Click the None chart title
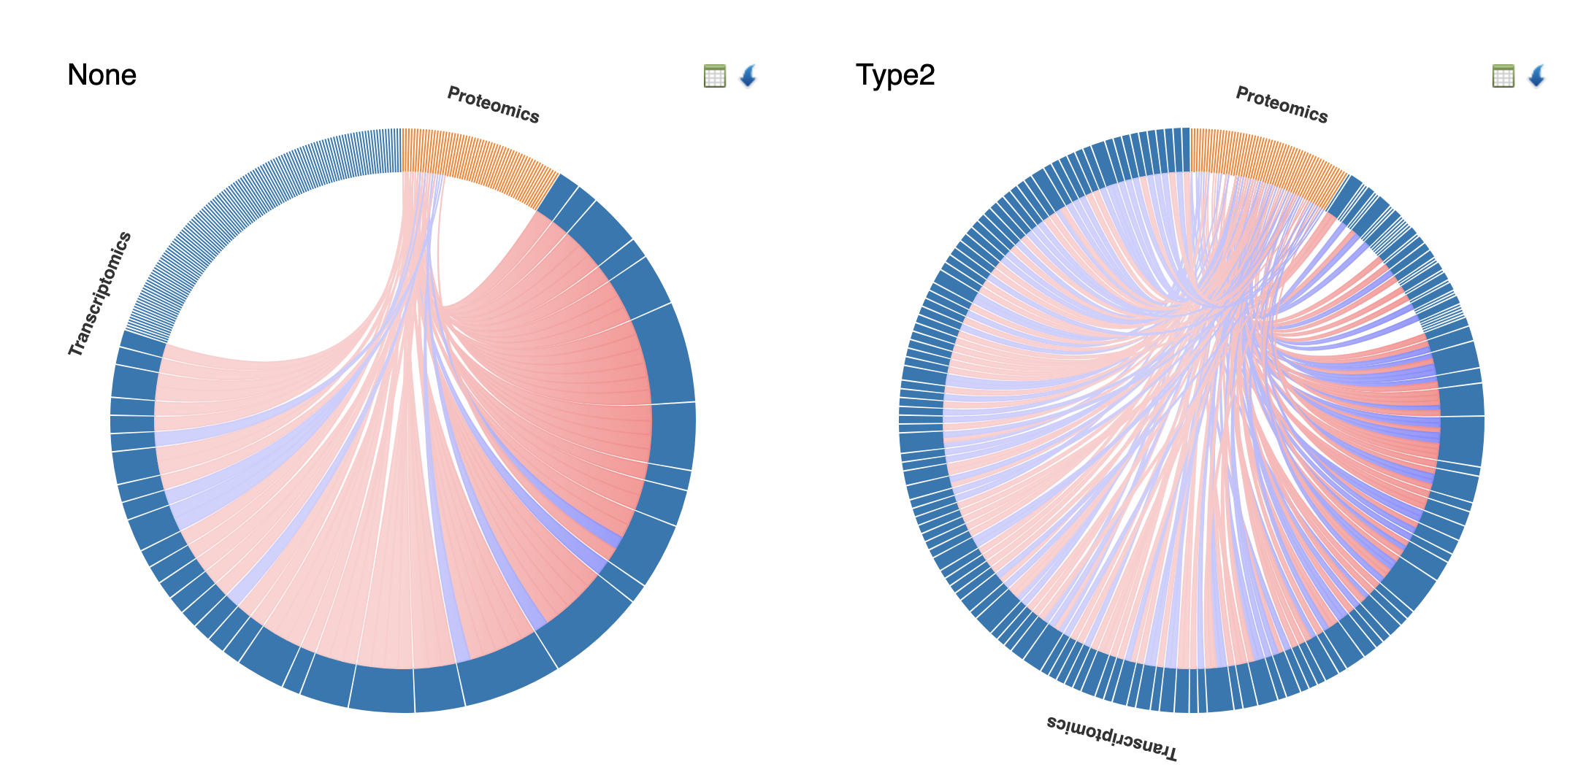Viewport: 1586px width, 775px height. tap(101, 75)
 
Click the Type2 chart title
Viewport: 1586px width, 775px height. tap(894, 75)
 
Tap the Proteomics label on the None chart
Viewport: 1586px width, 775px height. tap(493, 105)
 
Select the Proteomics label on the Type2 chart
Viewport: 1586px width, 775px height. tap(1282, 105)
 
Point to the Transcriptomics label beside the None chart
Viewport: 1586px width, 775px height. tap(100, 294)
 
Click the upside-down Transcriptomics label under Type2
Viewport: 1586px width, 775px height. tap(1111, 737)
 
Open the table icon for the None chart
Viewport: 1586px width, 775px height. tap(714, 76)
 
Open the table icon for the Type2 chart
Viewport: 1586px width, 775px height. tap(1503, 76)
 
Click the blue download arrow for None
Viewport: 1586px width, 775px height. tap(748, 76)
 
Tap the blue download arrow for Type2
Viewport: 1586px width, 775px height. tap(1536, 76)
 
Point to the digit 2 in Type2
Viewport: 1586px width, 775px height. tap(927, 75)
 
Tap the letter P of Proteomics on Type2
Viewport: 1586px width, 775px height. tap(1241, 93)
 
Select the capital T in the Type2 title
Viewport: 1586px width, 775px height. tap(865, 75)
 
